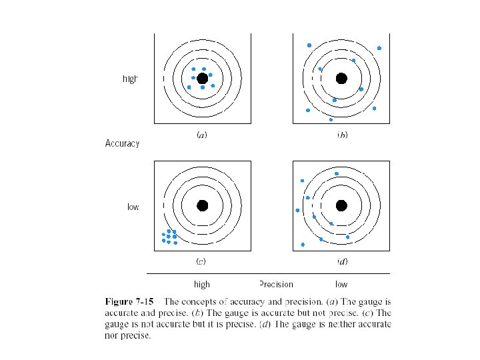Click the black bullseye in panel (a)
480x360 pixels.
click(x=203, y=78)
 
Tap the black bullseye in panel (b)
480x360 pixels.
click(x=341, y=78)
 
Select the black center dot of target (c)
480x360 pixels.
click(x=203, y=205)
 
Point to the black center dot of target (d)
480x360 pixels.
click(x=341, y=205)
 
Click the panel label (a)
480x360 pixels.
click(x=201, y=135)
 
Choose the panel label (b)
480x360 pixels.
click(x=341, y=135)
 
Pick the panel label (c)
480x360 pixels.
click(x=201, y=261)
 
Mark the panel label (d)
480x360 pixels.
click(x=341, y=261)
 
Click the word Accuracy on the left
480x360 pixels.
click(x=122, y=143)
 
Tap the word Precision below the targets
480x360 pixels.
click(x=276, y=284)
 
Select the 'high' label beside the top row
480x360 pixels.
click(x=130, y=79)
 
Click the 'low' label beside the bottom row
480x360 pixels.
click(x=133, y=207)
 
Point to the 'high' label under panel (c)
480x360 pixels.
click(x=201, y=284)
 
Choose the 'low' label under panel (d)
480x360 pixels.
click(x=341, y=284)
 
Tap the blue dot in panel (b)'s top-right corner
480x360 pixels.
click(x=379, y=48)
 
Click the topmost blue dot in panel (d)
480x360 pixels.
click(x=337, y=173)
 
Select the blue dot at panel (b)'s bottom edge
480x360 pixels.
click(x=331, y=119)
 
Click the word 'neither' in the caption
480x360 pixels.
click(x=317, y=325)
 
